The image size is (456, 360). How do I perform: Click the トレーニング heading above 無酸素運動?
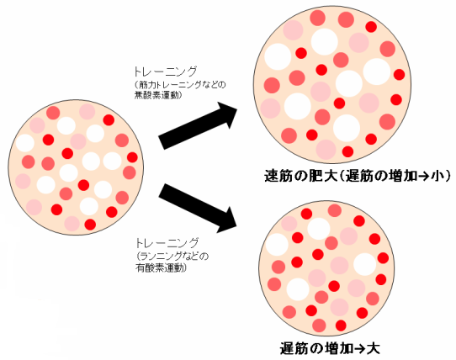pos(165,71)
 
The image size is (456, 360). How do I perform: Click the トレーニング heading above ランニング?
pos(167,242)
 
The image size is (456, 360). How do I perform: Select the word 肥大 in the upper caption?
pos(321,177)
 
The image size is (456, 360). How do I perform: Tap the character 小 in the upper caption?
pos(437,177)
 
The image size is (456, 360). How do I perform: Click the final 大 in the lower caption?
pos(373,348)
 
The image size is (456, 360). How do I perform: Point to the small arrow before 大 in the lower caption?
pos(360,349)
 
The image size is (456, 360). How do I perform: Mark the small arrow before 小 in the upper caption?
pos(425,177)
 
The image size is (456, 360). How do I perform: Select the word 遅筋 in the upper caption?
pos(358,177)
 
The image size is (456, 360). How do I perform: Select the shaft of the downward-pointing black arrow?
pos(193,204)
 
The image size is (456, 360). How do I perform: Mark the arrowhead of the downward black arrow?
pos(228,221)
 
